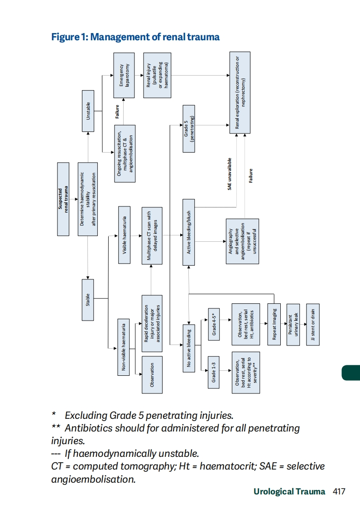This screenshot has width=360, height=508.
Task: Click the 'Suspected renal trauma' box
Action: [x=63, y=199]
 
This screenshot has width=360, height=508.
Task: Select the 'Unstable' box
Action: [x=88, y=110]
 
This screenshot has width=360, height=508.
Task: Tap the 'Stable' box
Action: [x=88, y=299]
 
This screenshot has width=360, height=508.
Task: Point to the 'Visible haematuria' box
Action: [x=124, y=235]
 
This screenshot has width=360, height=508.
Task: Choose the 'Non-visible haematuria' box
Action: [x=124, y=345]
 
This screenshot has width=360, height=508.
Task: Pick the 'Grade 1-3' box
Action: [x=215, y=371]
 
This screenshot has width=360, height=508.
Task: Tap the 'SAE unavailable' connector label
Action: [x=230, y=173]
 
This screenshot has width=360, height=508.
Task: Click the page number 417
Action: [x=339, y=491]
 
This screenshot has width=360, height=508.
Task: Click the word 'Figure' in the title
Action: [x=66, y=37]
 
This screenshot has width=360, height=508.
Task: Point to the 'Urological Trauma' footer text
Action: [x=289, y=491]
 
